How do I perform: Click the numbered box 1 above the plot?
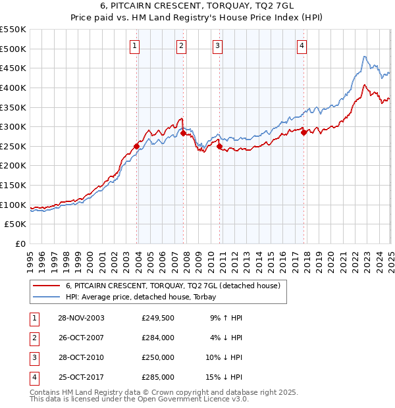tap(134, 45)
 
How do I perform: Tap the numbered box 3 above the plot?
tap(217, 45)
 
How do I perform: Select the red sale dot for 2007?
tap(184, 134)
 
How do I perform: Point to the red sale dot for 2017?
tap(304, 132)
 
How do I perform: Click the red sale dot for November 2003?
tap(137, 146)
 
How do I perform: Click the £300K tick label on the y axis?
tap(13, 126)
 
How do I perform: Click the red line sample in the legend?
tap(45, 286)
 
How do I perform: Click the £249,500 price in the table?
tap(157, 318)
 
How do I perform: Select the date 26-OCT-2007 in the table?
tap(80, 338)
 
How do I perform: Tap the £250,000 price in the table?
tap(157, 357)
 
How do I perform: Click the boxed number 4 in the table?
tap(32, 377)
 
